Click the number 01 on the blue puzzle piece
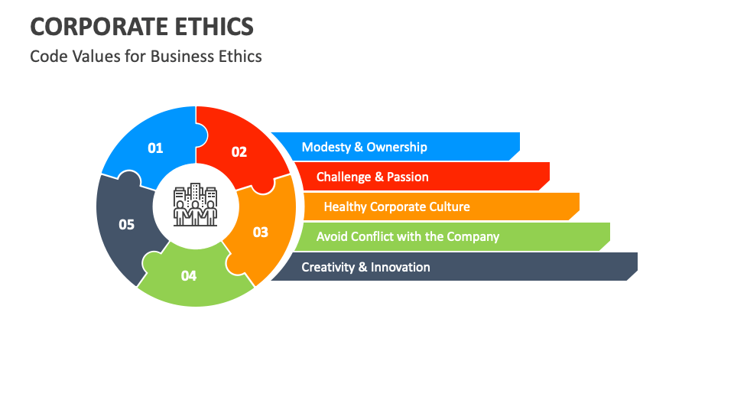pyautogui.click(x=155, y=148)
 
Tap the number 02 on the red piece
pyautogui.click(x=239, y=151)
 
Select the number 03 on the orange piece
pyautogui.click(x=261, y=232)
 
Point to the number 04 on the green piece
pyautogui.click(x=189, y=275)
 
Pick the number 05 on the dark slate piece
pyautogui.click(x=126, y=224)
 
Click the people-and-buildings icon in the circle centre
pyautogui.click(x=196, y=205)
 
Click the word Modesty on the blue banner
pyautogui.click(x=326, y=147)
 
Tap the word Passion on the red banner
pyautogui.click(x=408, y=177)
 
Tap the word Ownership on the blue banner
pyautogui.click(x=397, y=147)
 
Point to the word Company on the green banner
pyautogui.click(x=473, y=236)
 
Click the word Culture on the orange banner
pyautogui.click(x=447, y=206)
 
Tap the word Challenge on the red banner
pyautogui.click(x=344, y=177)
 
